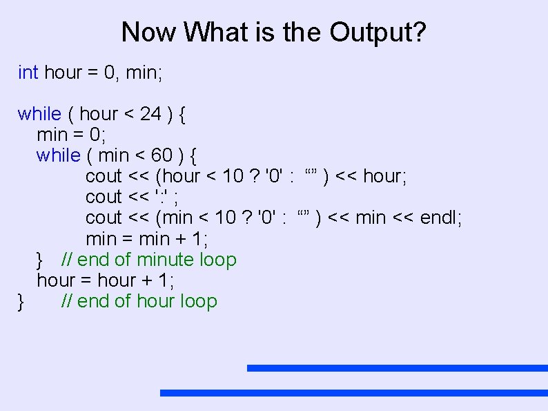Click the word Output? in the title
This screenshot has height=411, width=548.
click(x=378, y=32)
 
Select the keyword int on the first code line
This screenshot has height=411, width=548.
click(x=28, y=73)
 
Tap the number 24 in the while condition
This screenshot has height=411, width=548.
click(x=151, y=114)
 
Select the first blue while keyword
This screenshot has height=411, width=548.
click(x=39, y=114)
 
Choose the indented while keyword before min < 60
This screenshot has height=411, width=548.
click(x=59, y=155)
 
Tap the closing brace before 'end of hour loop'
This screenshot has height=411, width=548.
click(x=22, y=301)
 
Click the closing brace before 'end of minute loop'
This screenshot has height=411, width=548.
click(x=40, y=260)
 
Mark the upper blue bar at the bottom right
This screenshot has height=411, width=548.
click(x=397, y=368)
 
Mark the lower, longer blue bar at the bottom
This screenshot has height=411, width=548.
click(x=353, y=393)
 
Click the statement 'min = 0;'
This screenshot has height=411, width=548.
click(x=70, y=135)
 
